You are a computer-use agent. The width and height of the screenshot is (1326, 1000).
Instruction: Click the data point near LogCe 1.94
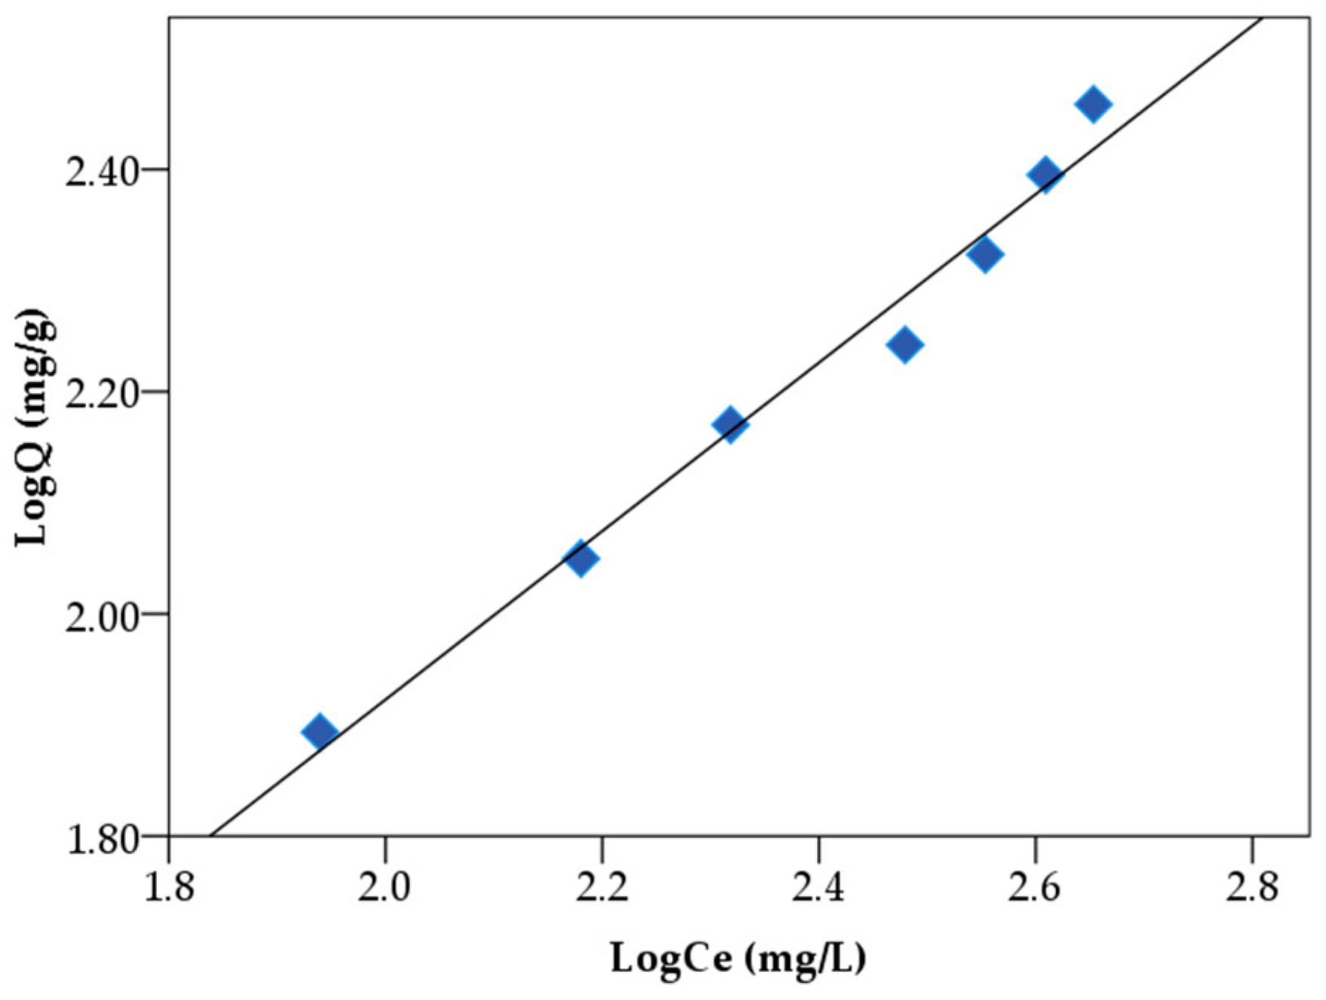point(319,731)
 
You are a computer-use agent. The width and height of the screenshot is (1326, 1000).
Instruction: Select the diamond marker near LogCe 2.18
point(580,559)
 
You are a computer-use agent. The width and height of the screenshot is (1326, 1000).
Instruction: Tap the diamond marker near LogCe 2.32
point(730,424)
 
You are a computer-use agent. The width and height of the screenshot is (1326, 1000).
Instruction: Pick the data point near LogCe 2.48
point(905,345)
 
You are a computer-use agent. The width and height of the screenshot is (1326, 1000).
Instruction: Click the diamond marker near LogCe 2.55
point(985,254)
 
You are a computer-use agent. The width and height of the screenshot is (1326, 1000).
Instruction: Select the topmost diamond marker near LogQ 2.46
point(1093,104)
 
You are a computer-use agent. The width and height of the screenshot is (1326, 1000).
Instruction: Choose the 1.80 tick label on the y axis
point(102,838)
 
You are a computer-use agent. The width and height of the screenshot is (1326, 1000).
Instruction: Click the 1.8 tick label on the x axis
point(169,887)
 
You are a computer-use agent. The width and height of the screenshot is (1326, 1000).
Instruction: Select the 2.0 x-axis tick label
point(385,887)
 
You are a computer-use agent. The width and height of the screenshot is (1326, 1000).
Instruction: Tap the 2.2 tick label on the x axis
point(602,887)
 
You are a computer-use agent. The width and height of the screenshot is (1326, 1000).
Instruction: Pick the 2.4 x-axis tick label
point(818,887)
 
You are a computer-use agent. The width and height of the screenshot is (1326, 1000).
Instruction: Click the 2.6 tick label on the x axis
point(1035,887)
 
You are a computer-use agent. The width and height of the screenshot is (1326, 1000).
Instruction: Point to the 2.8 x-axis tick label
point(1251,887)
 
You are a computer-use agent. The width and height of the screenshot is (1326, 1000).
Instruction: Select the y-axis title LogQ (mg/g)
point(35,427)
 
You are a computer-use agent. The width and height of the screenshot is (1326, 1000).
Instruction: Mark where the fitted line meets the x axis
point(211,836)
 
